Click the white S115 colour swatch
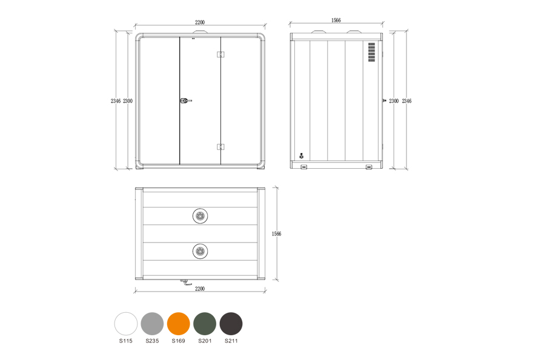pos(126,324)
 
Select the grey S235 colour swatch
pos(152,324)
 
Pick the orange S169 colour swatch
pos(179,324)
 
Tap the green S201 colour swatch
pos(205,324)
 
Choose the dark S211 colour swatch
pos(231,324)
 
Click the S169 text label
pos(179,341)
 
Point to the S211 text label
pos(231,341)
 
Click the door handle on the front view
pos(185,100)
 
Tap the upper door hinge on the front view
pos(220,54)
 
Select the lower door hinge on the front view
pos(220,146)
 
